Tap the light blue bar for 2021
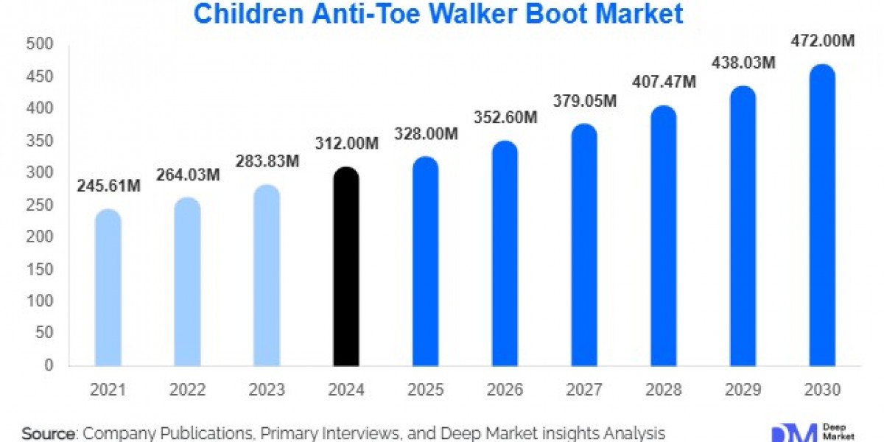108,287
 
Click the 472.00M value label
822,42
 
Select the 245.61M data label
108,187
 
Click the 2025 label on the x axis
426,390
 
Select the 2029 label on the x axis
743,390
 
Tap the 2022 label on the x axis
188,390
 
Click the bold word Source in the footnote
49,433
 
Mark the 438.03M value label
743,63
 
